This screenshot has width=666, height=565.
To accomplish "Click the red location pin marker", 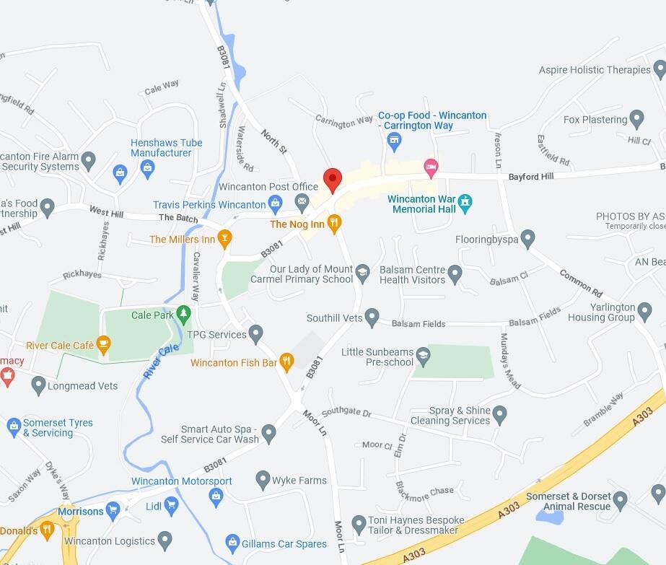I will tap(332, 180).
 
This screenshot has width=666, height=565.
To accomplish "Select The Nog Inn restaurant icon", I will tap(333, 224).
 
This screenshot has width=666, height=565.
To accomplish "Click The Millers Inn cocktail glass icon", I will tap(225, 239).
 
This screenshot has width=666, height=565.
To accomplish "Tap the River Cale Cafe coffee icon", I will tap(103, 345).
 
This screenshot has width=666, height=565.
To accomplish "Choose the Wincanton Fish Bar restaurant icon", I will tap(286, 362).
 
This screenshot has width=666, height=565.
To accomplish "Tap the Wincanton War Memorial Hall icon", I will tap(465, 201).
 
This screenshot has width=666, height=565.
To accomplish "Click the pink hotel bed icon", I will tap(431, 168).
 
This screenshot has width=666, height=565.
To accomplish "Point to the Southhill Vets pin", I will tap(372, 317).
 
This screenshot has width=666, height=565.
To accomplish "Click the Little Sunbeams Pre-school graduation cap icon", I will tap(422, 355).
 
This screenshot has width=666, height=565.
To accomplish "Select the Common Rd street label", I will tap(581, 284).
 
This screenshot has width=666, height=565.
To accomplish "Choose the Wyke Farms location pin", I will tap(263, 480).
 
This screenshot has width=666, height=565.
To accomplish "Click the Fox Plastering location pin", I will tap(636, 119).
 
